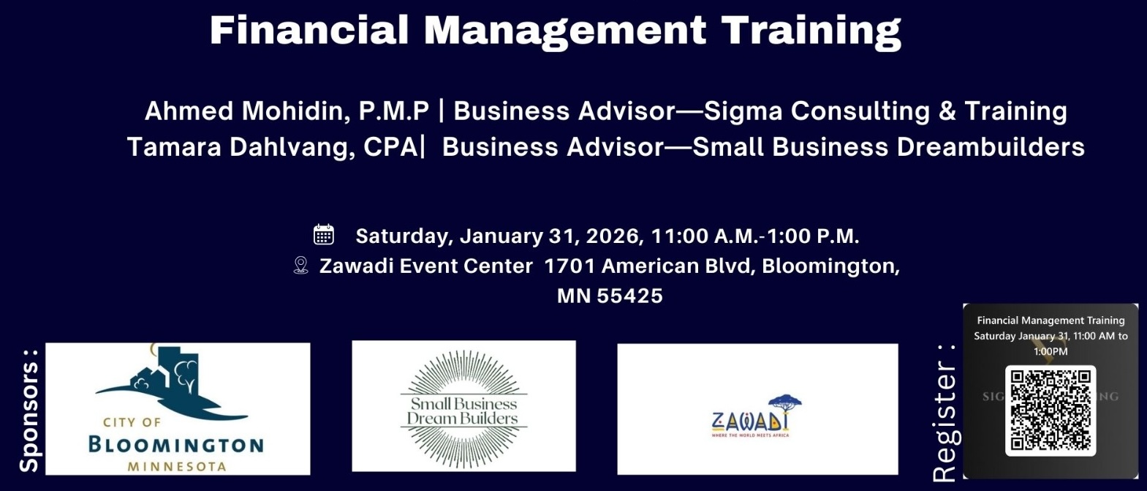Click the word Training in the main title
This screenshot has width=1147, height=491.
811,31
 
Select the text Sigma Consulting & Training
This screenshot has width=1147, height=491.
885,111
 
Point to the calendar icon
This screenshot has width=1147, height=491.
324,235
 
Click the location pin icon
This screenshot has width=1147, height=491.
300,265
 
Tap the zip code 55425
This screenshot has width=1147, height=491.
629,296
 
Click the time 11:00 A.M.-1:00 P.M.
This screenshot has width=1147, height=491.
754,236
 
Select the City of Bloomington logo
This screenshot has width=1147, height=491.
178,408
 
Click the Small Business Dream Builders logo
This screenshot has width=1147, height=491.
463,407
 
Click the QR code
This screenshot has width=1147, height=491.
1051,410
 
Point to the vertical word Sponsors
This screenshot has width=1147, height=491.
29,410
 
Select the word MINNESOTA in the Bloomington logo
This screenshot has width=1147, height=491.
176,466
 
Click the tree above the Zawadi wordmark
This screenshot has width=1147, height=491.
784,403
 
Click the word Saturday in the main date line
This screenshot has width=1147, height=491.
403,236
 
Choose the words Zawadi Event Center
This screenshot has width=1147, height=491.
425,266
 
